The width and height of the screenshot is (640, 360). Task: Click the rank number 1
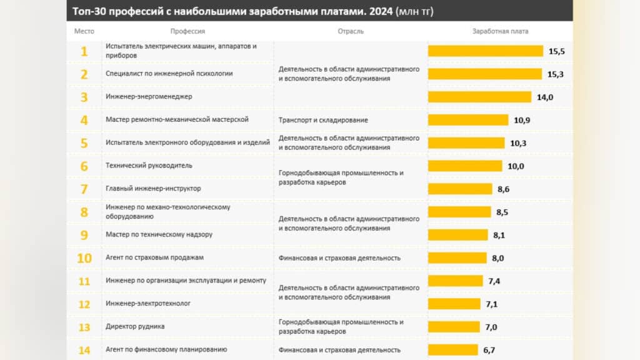84,51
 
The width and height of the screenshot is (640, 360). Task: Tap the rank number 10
84,258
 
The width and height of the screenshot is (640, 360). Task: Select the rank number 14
84,350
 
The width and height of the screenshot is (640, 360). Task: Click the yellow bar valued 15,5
485,51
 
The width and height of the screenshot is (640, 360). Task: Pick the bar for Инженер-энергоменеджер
479,97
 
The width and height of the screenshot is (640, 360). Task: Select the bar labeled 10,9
468,120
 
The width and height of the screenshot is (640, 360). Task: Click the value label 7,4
494,281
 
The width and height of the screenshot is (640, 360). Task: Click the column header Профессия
187,31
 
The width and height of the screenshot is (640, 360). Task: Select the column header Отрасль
350,31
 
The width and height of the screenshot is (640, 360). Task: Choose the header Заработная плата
500,31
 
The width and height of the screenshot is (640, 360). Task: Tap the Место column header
84,31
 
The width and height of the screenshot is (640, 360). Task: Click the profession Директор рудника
136,327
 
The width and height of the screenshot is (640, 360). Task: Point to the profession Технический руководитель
149,166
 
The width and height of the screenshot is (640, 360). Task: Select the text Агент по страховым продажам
155,257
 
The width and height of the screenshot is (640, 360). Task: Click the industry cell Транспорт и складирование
323,120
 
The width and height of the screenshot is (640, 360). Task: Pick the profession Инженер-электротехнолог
148,304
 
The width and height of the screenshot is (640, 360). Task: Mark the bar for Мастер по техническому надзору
457,235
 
